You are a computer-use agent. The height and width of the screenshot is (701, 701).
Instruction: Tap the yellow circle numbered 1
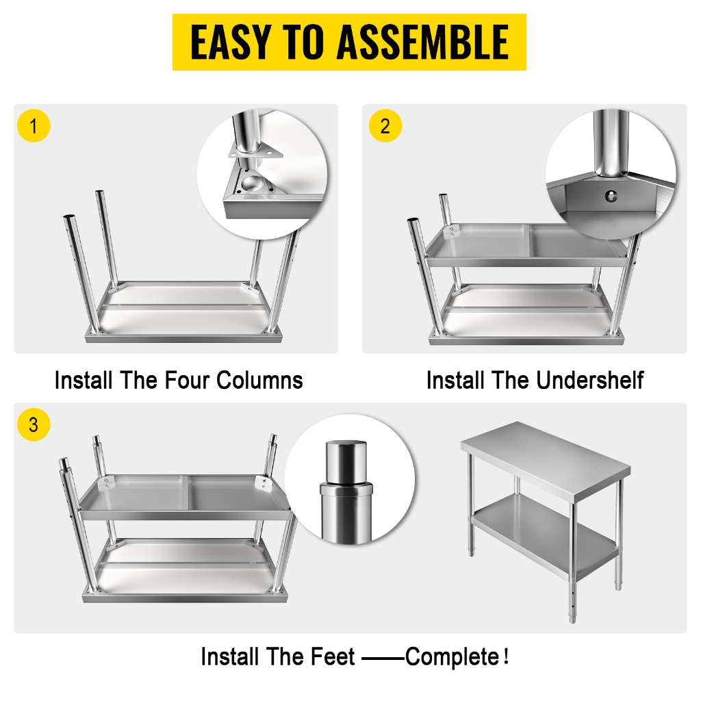pyautogui.click(x=34, y=126)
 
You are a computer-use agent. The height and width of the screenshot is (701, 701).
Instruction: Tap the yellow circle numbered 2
pyautogui.click(x=385, y=126)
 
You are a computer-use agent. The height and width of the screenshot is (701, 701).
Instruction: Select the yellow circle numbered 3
pyautogui.click(x=34, y=424)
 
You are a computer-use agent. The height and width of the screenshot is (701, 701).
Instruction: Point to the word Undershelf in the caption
pyautogui.click(x=590, y=380)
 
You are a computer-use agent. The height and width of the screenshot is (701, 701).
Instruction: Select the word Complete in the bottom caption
pyautogui.click(x=452, y=657)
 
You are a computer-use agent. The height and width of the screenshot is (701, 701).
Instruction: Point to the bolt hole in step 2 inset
pyautogui.click(x=608, y=196)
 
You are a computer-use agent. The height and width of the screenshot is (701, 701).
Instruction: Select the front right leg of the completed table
pyautogui.click(x=572, y=548)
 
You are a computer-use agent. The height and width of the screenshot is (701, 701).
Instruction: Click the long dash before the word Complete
pyautogui.click(x=383, y=658)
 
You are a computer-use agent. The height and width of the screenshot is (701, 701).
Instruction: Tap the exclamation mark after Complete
pyautogui.click(x=506, y=657)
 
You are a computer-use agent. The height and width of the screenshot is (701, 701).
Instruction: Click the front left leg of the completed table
pyautogui.click(x=471, y=507)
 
